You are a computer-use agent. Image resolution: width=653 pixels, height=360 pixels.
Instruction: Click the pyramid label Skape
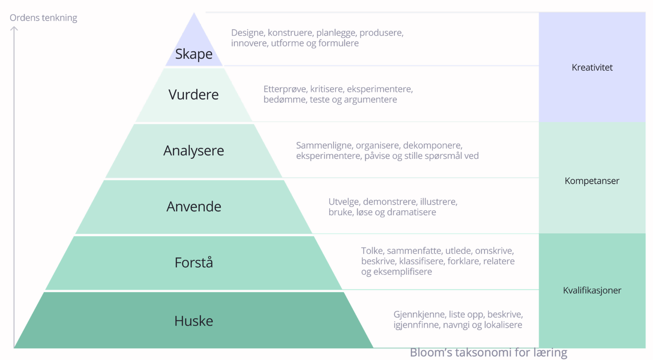click(194, 54)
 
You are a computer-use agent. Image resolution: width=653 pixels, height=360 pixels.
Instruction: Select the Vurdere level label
click(194, 94)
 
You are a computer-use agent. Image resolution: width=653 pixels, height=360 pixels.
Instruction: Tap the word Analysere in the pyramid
click(194, 151)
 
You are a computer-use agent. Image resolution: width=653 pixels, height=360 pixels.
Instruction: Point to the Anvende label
click(194, 206)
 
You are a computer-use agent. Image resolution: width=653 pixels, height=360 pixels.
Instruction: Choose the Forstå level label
click(194, 262)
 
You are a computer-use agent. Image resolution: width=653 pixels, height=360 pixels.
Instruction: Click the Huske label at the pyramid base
click(194, 321)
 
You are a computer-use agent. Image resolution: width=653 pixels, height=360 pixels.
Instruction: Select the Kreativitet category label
click(592, 67)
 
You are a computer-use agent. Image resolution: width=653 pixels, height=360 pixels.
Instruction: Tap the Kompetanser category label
click(592, 181)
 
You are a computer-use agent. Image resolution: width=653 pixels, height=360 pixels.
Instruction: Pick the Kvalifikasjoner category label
click(592, 290)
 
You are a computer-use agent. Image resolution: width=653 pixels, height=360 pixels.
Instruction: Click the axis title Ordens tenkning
click(44, 18)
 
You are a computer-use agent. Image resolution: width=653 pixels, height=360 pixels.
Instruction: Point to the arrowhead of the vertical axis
click(14, 28)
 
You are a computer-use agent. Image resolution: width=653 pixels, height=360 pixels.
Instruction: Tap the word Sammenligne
click(325, 146)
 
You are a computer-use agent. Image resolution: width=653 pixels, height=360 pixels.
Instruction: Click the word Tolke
click(373, 251)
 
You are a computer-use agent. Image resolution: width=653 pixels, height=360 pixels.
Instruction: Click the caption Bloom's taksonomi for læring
click(488, 353)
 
